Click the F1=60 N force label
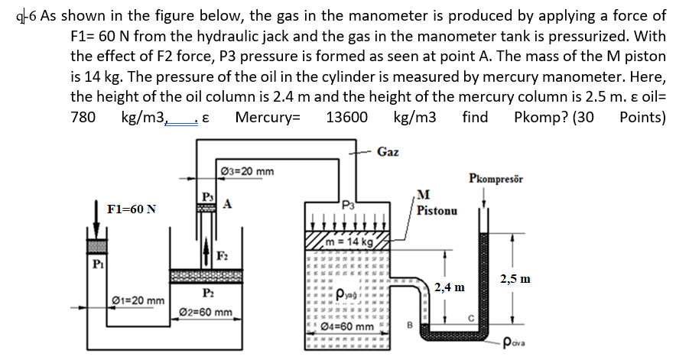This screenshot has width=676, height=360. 132,209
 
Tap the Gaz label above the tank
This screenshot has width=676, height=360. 388,151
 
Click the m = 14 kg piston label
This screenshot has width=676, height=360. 349,242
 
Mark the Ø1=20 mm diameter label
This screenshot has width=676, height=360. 138,300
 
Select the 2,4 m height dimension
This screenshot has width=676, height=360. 449,287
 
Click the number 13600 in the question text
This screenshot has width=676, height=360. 346,117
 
